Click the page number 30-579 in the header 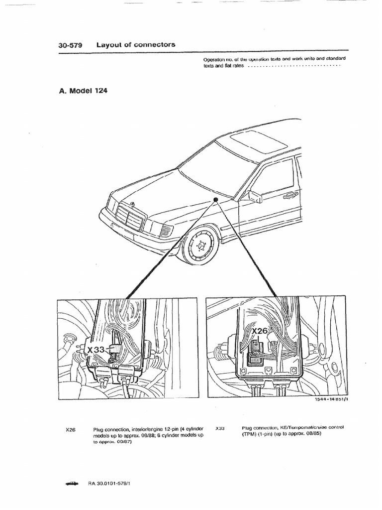pos(70,45)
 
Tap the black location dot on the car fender pos(216,199)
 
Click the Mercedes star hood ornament pos(132,204)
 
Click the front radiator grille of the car pos(129,217)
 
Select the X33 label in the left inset pos(96,350)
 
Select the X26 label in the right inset pos(260,331)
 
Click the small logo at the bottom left pos(72,483)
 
